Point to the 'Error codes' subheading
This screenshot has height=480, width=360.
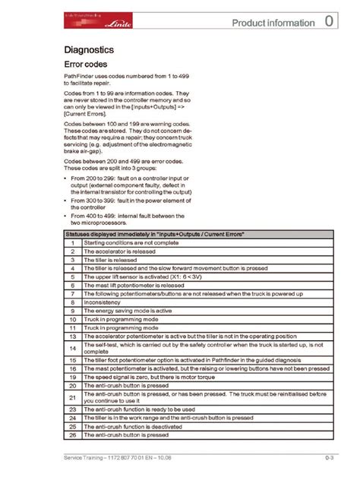tap(85, 65)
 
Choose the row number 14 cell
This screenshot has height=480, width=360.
tap(71, 348)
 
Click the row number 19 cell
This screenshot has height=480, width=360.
tap(71, 376)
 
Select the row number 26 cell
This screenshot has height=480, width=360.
tap(71, 435)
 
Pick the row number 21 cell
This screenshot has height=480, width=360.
tap(71, 397)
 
